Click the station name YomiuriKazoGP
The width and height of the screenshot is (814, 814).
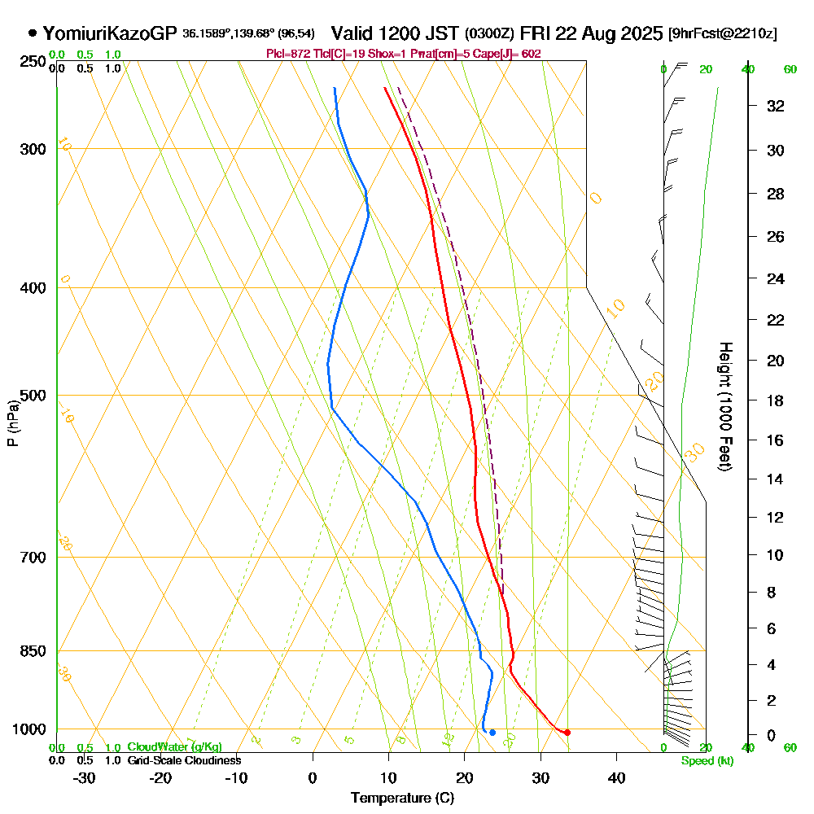pos(109,33)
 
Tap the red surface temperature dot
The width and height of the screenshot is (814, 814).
pos(567,733)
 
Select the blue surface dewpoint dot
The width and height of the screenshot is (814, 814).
pos(492,733)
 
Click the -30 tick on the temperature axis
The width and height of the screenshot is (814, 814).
pos(85,777)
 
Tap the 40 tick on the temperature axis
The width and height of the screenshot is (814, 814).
pos(616,777)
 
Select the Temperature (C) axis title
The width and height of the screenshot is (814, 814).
pos(402,798)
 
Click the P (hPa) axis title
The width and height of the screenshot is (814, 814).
pos(12,422)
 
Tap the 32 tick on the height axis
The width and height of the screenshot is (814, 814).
pos(776,106)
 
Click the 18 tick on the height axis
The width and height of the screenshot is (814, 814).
pos(776,400)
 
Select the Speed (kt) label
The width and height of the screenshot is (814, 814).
pos(705,760)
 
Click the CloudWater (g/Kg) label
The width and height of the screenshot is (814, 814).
pos(174,747)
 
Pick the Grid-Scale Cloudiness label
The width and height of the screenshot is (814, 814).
pos(184,760)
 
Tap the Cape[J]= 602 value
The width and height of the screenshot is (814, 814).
pos(512,54)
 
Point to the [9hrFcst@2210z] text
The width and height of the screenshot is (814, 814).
pos(722,34)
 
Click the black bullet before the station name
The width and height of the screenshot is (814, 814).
pos(33,33)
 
